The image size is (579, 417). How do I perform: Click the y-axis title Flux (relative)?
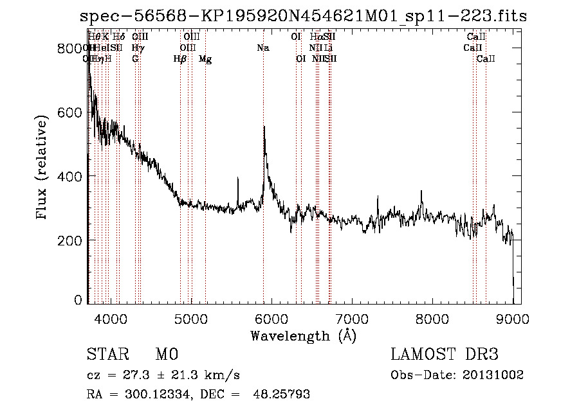click(x=43, y=169)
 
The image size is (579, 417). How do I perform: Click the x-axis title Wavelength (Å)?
click(x=303, y=335)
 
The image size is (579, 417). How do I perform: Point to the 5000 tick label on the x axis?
click(x=191, y=318)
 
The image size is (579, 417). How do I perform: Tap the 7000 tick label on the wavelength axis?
click(x=352, y=318)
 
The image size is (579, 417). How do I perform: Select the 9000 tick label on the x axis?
click(x=513, y=318)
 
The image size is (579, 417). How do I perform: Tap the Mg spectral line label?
click(x=205, y=59)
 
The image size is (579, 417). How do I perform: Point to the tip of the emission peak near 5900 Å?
click(x=264, y=127)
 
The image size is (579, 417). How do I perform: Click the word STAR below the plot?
click(x=107, y=355)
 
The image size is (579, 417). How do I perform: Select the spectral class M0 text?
click(x=166, y=355)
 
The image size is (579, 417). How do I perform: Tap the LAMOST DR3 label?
click(x=445, y=355)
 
